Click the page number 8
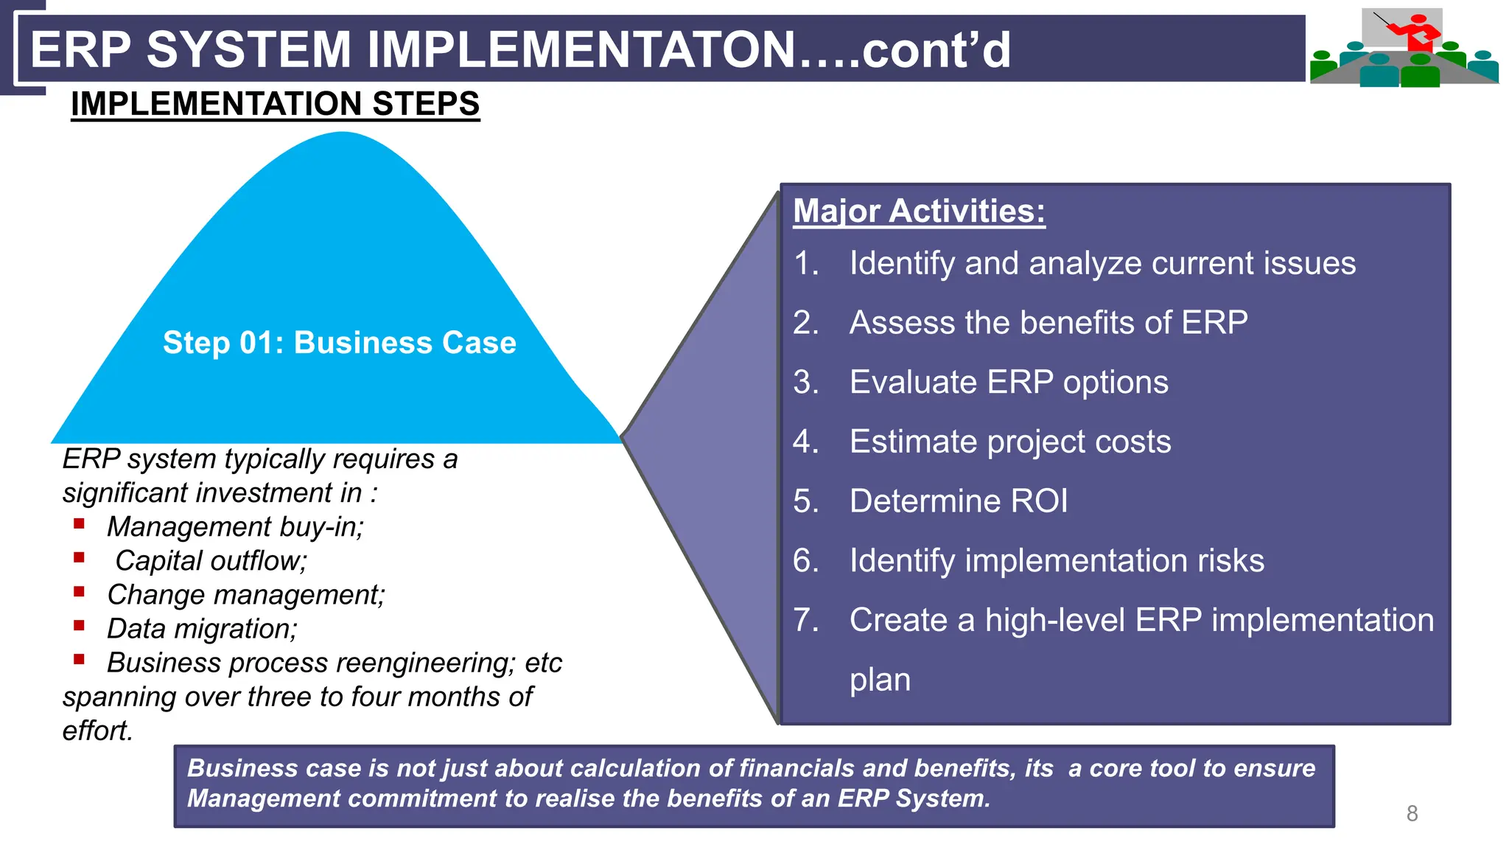tap(1412, 813)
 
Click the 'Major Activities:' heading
tap(919, 212)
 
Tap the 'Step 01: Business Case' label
tap(339, 343)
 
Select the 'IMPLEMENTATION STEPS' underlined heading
tap(275, 104)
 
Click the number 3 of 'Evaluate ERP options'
tap(803, 383)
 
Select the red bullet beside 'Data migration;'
tap(80, 626)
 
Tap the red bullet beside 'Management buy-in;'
tap(80, 524)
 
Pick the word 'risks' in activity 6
tap(1230, 561)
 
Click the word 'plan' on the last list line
tap(880, 680)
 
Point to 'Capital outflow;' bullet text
tap(211, 561)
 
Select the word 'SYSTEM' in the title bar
tap(248, 50)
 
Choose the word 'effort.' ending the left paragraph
tap(97, 731)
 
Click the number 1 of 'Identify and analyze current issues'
tap(803, 264)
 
